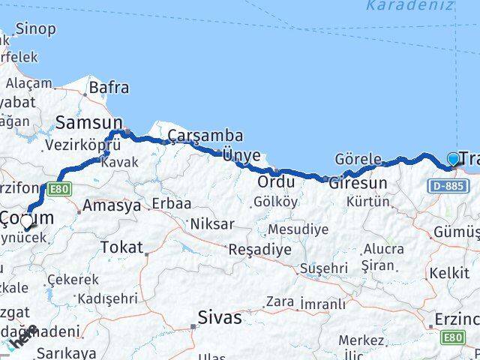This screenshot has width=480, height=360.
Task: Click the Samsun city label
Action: pyautogui.click(x=88, y=122)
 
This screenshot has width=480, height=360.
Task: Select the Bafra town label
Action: pyautogui.click(x=109, y=87)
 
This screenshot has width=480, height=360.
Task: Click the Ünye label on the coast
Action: pyautogui.click(x=241, y=155)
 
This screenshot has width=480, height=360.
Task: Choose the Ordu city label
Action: pyautogui.click(x=275, y=181)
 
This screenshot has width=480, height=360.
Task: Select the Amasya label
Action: pyautogui.click(x=112, y=205)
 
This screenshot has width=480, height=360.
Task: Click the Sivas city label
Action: pyautogui.click(x=220, y=316)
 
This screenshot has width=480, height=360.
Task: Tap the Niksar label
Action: pyautogui.click(x=212, y=223)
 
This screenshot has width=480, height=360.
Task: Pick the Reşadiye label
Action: pyautogui.click(x=259, y=249)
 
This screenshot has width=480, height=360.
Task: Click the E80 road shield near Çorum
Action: pyautogui.click(x=61, y=189)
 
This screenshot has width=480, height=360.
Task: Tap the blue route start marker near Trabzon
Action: pyautogui.click(x=453, y=158)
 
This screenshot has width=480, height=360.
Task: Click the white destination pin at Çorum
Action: pyautogui.click(x=27, y=220)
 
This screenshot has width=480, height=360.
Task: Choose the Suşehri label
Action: pyautogui.click(x=323, y=267)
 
